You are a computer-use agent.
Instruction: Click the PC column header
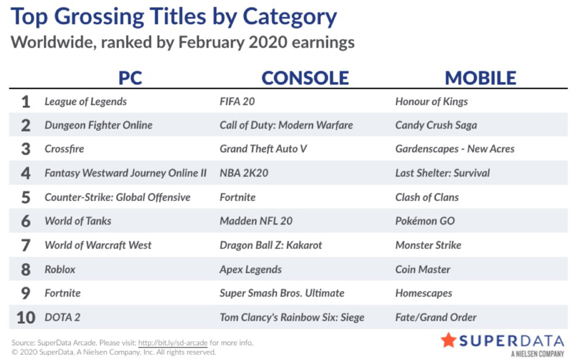[x=130, y=78]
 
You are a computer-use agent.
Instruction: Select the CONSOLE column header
[x=305, y=78]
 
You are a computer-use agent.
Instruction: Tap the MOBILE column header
[x=480, y=78]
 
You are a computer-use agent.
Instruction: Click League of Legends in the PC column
[x=86, y=102]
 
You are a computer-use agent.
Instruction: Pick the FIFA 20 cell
[x=237, y=102]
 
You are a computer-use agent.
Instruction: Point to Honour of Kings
[x=431, y=102]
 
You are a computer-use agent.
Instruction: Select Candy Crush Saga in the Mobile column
[x=436, y=125]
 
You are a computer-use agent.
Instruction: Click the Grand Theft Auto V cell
[x=263, y=149]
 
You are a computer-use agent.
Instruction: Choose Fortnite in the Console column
[x=237, y=197]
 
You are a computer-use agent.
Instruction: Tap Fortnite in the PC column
[x=62, y=293]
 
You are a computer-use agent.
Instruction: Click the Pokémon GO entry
[x=425, y=221]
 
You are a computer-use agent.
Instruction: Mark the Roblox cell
[x=60, y=269]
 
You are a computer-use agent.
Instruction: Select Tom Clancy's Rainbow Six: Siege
[x=292, y=317]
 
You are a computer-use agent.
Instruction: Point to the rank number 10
[x=26, y=318]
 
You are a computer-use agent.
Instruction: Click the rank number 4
[x=25, y=173]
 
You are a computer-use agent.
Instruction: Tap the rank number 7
[x=25, y=245]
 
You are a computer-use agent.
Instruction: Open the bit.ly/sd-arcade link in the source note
[x=173, y=342]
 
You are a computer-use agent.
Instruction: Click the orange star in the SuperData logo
[x=449, y=340]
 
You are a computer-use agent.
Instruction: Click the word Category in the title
[x=289, y=18]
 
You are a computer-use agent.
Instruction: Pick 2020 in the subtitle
[x=268, y=42]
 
